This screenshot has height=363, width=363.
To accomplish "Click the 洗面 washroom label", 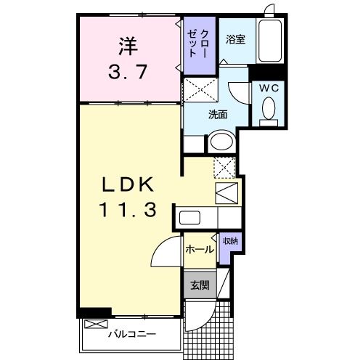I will pyautogui.click(x=218, y=114).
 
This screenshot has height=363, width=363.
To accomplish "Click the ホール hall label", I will pyautogui.click(x=200, y=250).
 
